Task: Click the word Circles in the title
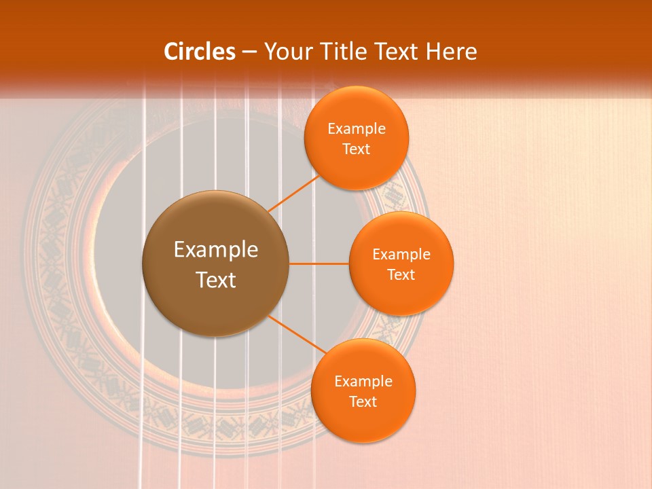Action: click(200, 52)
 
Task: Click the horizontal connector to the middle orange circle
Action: click(319, 264)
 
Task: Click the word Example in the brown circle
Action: click(216, 250)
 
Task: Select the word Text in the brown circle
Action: click(216, 280)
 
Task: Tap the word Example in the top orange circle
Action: click(357, 129)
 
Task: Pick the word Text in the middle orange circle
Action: click(401, 274)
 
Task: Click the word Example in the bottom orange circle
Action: click(363, 381)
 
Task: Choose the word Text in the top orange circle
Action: click(357, 149)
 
